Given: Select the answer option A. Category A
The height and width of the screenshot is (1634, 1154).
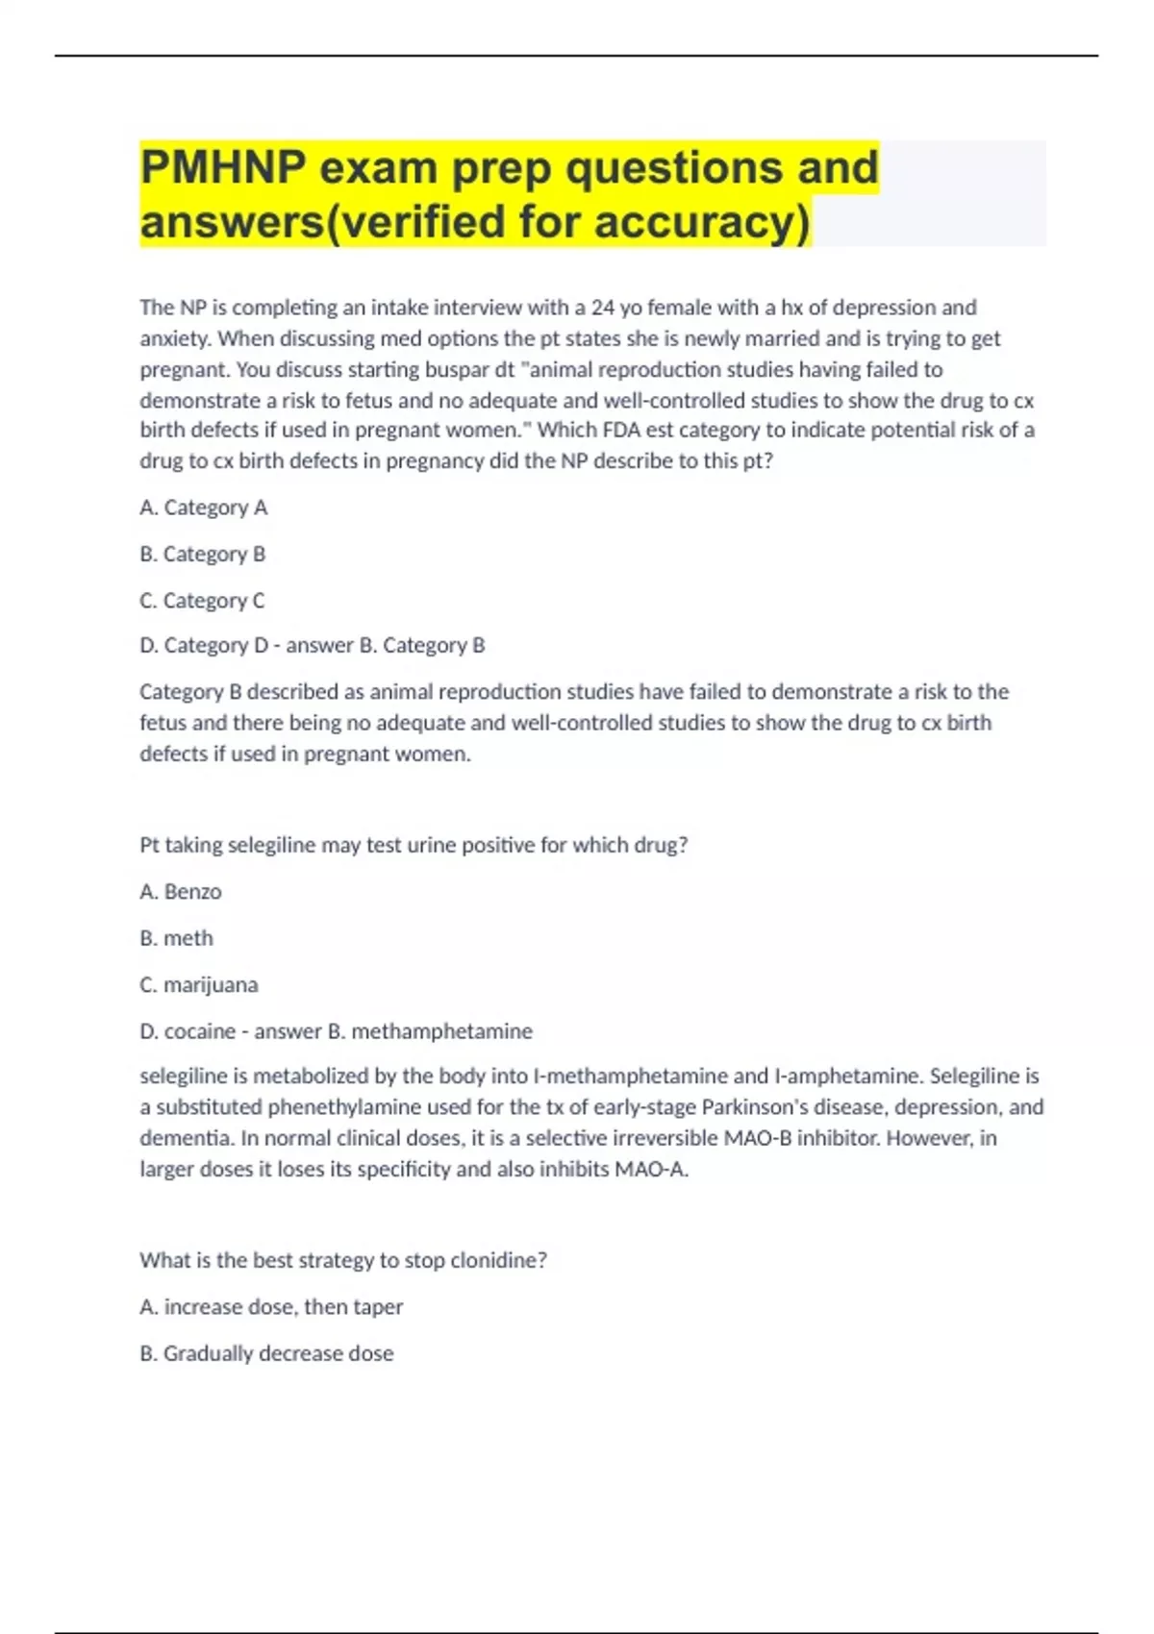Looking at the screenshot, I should click(x=203, y=508).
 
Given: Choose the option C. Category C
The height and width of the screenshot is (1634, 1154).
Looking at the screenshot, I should click(x=202, y=601).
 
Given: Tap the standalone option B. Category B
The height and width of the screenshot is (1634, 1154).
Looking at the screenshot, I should click(x=202, y=555).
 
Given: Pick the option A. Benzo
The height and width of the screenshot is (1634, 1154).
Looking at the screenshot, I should click(x=181, y=892).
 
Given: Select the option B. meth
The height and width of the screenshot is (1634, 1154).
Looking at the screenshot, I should click(x=177, y=938).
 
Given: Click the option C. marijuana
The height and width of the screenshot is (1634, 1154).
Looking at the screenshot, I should click(x=199, y=985).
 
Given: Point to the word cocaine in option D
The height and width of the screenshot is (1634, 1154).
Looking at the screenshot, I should click(x=200, y=1031).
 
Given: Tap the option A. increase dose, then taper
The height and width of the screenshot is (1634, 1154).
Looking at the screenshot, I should click(x=271, y=1307).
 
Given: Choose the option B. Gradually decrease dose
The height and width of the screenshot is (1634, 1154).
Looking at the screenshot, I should click(x=266, y=1353).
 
